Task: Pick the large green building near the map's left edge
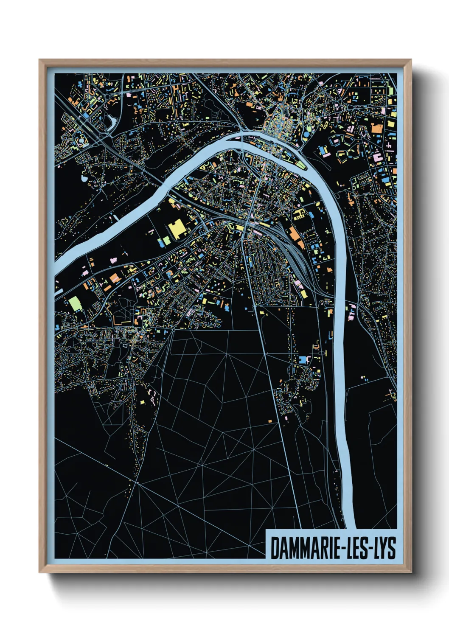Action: (75, 303)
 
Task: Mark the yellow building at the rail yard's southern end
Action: (303, 294)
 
